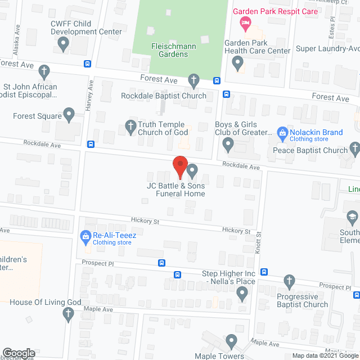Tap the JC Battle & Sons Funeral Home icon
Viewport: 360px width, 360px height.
pyautogui.click(x=192, y=170)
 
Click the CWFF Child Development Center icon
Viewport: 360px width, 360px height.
pyautogui.click(x=64, y=43)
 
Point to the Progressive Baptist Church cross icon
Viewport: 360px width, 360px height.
pyautogui.click(x=289, y=281)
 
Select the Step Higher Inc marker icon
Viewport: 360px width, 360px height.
pyautogui.click(x=242, y=292)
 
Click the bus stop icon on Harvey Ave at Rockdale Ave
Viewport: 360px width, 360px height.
pyautogui.click(x=91, y=145)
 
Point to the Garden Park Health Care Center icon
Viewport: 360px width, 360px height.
pyautogui.click(x=238, y=62)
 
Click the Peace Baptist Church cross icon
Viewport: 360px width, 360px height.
pyautogui.click(x=354, y=148)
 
